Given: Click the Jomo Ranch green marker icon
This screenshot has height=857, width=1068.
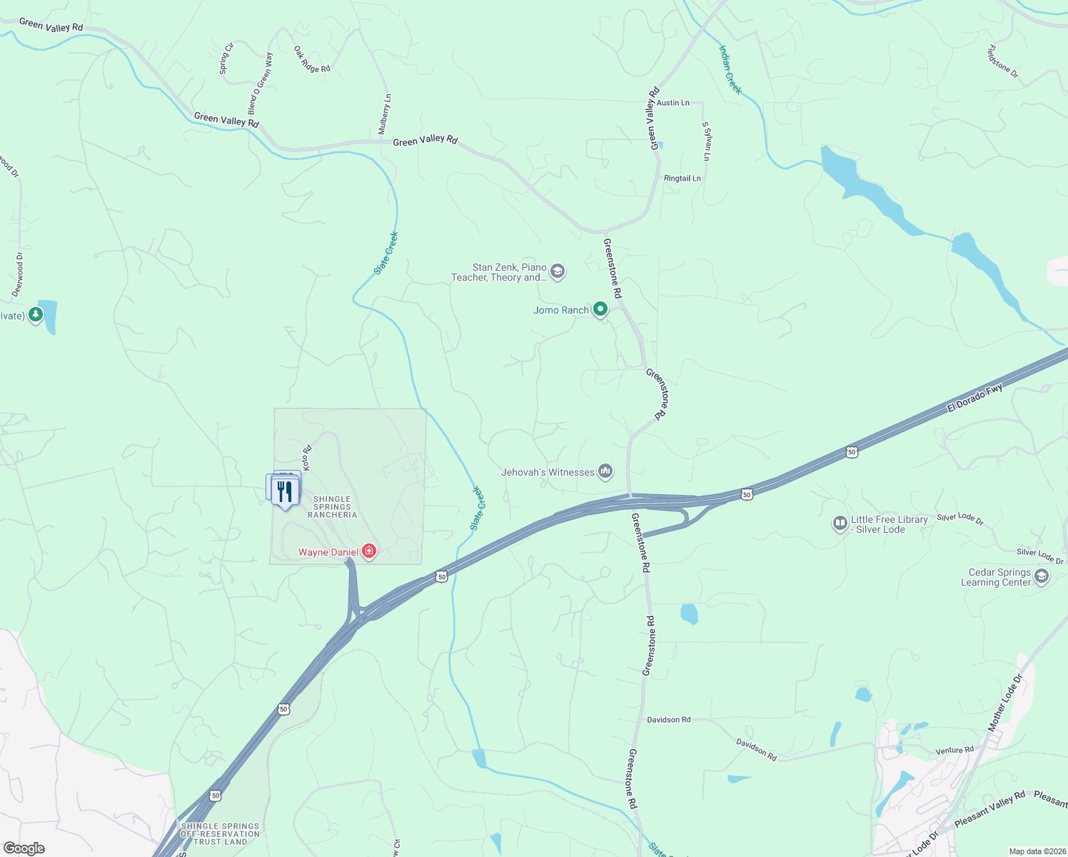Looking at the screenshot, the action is (x=600, y=309).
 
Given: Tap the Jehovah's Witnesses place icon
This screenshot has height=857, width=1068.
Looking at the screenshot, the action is (x=605, y=471).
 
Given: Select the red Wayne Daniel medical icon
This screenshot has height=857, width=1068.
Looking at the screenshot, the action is (x=369, y=551).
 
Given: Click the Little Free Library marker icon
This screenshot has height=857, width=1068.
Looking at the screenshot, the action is (x=840, y=523).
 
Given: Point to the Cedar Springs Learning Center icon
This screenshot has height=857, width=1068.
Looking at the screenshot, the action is (x=1042, y=576).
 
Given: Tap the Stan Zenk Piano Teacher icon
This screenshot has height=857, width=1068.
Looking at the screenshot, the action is (x=558, y=271).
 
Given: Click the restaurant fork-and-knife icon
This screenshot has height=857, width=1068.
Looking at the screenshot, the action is (x=285, y=491).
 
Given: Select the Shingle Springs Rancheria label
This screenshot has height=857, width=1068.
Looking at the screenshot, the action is (x=332, y=507).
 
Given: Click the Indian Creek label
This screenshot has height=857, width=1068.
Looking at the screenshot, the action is (x=730, y=70).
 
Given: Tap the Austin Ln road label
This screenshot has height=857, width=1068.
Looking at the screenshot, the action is (x=673, y=103).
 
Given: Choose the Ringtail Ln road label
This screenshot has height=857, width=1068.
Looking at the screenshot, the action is (x=682, y=179).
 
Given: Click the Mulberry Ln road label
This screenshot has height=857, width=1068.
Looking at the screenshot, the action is (x=385, y=114).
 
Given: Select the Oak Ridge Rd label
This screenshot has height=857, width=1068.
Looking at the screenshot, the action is (x=312, y=59).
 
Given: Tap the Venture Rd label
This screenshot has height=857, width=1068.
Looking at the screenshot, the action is (x=954, y=751).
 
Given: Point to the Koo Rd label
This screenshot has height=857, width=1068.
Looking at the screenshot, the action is (x=307, y=458).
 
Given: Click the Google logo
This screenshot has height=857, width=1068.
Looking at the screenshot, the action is (x=24, y=848).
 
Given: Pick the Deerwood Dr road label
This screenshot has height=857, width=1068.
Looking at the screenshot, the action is (x=18, y=274).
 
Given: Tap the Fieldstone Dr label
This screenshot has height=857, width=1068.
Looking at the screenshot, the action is (x=1002, y=62).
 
